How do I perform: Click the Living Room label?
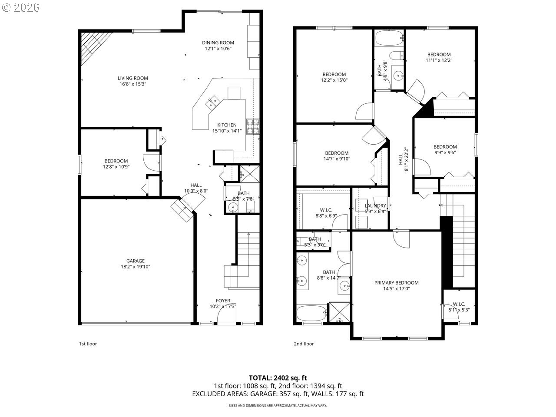click(x=132, y=78)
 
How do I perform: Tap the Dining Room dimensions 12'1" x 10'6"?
click(x=218, y=49)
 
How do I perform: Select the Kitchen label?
click(x=227, y=125)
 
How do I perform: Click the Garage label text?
click(x=136, y=261)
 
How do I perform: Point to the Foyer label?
click(x=223, y=301)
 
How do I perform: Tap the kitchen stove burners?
click(x=253, y=126)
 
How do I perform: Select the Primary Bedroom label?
click(x=396, y=283)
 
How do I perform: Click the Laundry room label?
click(x=375, y=206)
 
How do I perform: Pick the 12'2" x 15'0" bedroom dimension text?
click(x=334, y=80)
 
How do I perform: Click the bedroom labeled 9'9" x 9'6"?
click(x=445, y=147)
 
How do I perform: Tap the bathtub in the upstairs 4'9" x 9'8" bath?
click(x=389, y=38)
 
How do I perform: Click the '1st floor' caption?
click(x=88, y=344)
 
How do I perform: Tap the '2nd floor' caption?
click(x=304, y=344)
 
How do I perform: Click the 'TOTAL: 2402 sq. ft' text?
click(x=278, y=378)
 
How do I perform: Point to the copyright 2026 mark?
click(x=20, y=7)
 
